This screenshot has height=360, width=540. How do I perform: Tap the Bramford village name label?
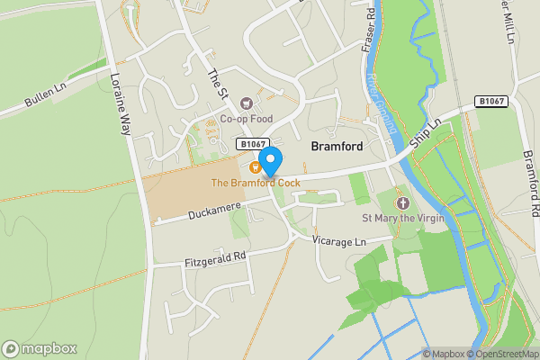point(337,146)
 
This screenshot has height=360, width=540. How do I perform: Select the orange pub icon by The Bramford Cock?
point(255,166)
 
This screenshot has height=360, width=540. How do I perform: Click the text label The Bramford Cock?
point(256,183)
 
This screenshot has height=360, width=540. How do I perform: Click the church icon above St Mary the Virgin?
point(402,202)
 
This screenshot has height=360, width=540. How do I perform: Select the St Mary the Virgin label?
point(403,218)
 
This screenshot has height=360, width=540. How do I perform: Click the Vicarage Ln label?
point(339,241)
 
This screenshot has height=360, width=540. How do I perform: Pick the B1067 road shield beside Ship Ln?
point(493,102)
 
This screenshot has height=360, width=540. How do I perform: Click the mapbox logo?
point(40,348)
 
